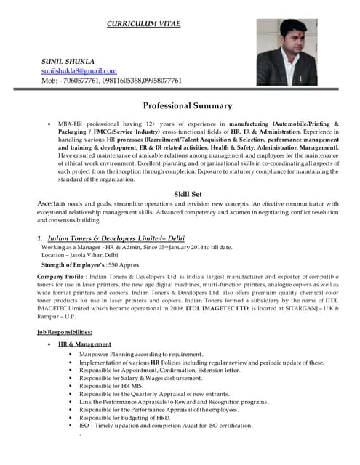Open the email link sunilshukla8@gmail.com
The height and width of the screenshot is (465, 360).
(x=79, y=70)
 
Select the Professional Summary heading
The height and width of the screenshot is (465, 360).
(x=187, y=105)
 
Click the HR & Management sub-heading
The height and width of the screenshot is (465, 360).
(x=84, y=344)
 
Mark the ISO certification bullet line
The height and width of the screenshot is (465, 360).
(x=166, y=426)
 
